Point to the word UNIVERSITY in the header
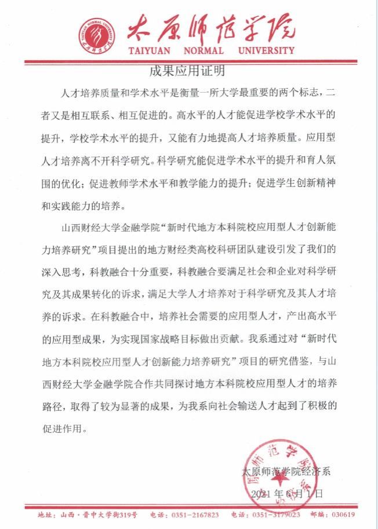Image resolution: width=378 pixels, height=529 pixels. pyautogui.click(x=267, y=50)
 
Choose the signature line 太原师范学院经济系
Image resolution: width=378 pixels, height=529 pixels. pyautogui.click(x=285, y=472)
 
